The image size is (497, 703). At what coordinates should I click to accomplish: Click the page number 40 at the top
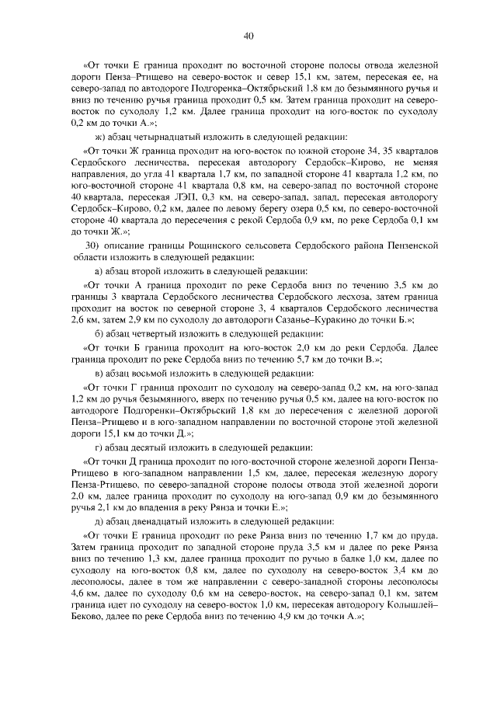click(x=248, y=35)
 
